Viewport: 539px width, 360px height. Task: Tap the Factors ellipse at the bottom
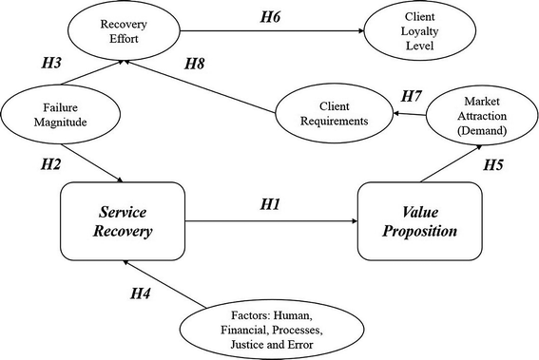pyautogui.click(x=273, y=325)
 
